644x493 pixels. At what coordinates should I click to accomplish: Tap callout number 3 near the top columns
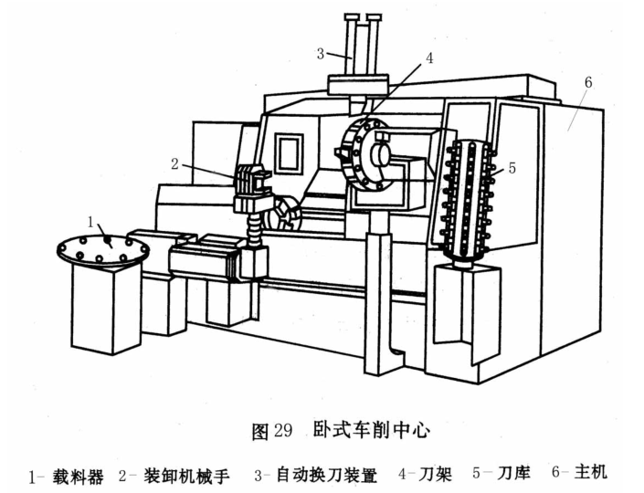322,54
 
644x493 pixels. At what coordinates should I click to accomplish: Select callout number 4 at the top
428,58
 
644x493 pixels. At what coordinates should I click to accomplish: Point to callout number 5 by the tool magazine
512,167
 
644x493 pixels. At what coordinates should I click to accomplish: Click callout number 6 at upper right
587,82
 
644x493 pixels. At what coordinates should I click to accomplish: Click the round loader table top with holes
100,248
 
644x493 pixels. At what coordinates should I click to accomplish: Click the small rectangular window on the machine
290,148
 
